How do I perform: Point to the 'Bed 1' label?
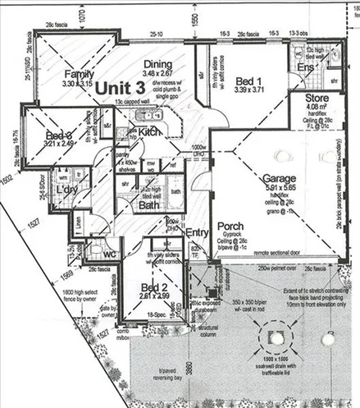244,81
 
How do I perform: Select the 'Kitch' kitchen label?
150,131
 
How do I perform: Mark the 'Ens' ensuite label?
305,66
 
